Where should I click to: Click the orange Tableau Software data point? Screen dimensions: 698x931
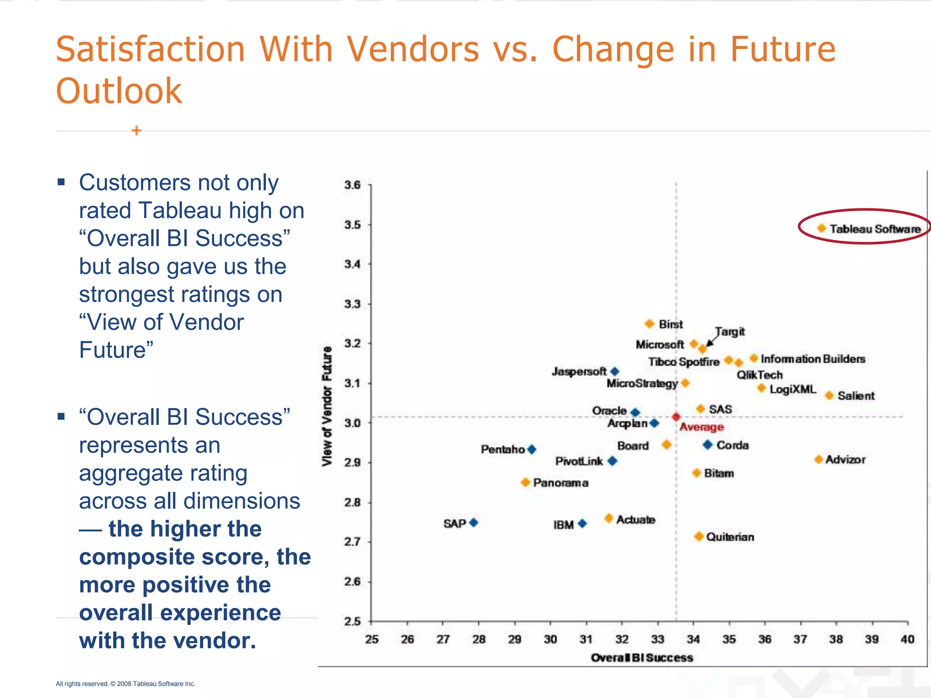click(821, 228)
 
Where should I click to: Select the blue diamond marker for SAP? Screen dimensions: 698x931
click(474, 523)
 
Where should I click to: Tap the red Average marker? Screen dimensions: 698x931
click(676, 417)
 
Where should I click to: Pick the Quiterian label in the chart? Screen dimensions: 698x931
click(730, 537)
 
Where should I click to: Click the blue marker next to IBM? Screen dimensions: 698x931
click(582, 523)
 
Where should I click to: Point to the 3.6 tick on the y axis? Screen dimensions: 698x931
click(352, 185)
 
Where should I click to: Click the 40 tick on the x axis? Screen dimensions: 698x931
click(907, 639)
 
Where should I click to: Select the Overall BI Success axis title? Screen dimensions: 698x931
click(641, 658)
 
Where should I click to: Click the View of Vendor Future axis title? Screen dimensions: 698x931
click(327, 406)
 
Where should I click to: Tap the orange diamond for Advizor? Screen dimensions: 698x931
click(818, 459)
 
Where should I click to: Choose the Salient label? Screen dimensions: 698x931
click(856, 396)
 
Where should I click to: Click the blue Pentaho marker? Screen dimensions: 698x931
click(531, 449)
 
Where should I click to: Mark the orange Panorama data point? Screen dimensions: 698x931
click(526, 482)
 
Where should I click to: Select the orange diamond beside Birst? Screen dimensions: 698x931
click(649, 324)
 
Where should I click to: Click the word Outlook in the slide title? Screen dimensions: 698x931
click(119, 91)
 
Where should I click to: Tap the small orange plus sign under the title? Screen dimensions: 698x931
click(136, 131)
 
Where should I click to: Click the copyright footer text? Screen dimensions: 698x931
click(125, 683)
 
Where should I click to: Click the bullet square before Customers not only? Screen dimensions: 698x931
click(61, 183)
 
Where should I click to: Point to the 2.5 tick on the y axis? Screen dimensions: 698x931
click(352, 621)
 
